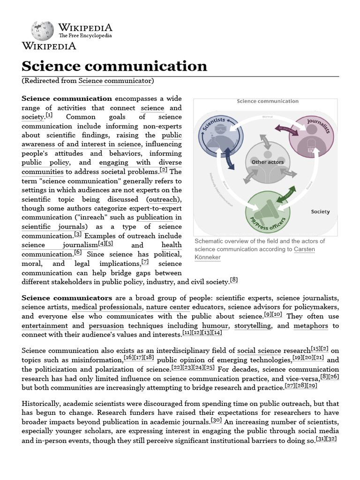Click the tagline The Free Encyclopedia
(85, 36)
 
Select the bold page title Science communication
(115, 66)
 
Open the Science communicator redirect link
(115, 81)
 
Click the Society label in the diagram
(320, 211)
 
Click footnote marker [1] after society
(49, 115)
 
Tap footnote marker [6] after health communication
(78, 252)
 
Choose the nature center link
(167, 307)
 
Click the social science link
(259, 351)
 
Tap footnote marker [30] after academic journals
(217, 420)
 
